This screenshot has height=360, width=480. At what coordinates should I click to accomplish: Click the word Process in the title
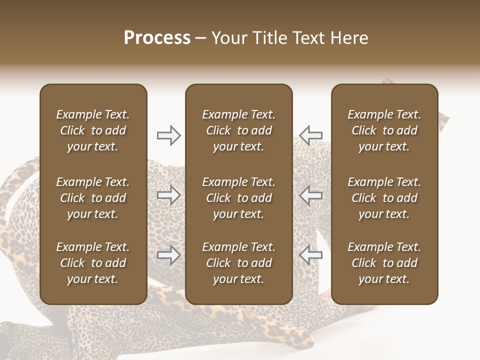[157, 38]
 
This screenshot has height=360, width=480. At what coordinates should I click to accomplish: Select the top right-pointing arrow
[169, 135]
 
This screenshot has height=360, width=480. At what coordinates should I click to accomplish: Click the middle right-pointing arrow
[169, 195]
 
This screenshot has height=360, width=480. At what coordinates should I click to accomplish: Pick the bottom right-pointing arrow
[169, 255]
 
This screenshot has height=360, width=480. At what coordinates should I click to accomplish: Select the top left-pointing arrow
[310, 135]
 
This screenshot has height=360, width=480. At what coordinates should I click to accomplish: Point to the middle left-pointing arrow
[310, 195]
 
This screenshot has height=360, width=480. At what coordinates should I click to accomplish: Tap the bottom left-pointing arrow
[310, 255]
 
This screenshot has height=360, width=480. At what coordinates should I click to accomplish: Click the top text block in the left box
[93, 130]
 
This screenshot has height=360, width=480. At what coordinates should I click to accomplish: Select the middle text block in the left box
[93, 198]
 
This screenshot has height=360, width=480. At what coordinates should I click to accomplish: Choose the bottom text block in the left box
[93, 263]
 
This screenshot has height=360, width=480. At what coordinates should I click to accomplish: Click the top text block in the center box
[238, 130]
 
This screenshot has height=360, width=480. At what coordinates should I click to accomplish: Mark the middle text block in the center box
[238, 198]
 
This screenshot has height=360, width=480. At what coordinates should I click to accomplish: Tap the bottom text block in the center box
[238, 263]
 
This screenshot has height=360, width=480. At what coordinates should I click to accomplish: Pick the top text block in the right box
[384, 130]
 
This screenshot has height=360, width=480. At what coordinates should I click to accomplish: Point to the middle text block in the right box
[384, 198]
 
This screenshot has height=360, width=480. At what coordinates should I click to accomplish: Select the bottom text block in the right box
[384, 263]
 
